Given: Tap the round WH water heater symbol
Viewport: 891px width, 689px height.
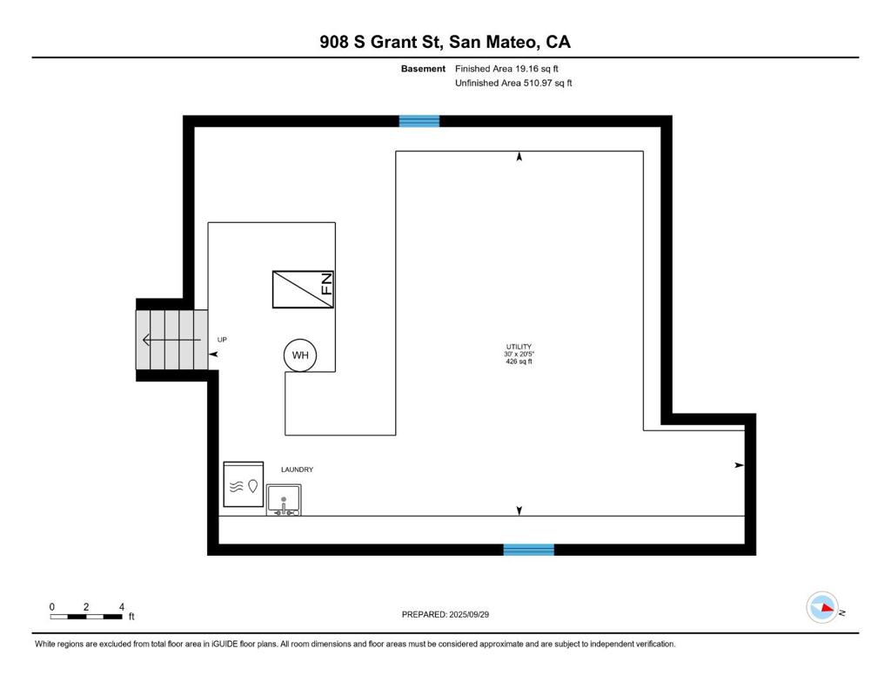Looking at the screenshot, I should click(x=300, y=355).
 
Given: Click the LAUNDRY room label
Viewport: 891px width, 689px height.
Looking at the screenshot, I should click(x=297, y=469).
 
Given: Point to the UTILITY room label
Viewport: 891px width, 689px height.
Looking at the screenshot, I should click(x=518, y=347).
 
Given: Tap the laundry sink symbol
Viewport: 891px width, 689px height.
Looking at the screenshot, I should click(x=284, y=501).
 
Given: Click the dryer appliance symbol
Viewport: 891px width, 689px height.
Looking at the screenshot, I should click(x=244, y=484).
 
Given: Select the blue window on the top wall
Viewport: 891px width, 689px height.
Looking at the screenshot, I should click(x=419, y=121).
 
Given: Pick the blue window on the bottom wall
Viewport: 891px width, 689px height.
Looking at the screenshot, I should click(x=529, y=549).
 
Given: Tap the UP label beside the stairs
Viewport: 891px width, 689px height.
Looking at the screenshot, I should click(x=222, y=340).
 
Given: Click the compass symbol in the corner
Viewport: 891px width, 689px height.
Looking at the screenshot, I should click(x=822, y=607).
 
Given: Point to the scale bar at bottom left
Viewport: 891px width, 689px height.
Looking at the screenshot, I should click(x=86, y=616).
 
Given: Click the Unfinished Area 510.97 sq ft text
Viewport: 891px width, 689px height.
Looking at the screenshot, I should click(x=513, y=84).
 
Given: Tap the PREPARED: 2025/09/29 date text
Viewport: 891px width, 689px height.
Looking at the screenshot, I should click(x=451, y=614).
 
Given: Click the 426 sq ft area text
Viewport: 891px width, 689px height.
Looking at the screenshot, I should click(x=518, y=361).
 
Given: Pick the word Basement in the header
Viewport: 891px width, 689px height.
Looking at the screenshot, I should click(x=423, y=68).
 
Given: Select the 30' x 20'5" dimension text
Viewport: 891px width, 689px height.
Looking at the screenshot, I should click(x=518, y=355).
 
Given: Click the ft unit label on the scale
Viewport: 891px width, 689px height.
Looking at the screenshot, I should click(x=131, y=617).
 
